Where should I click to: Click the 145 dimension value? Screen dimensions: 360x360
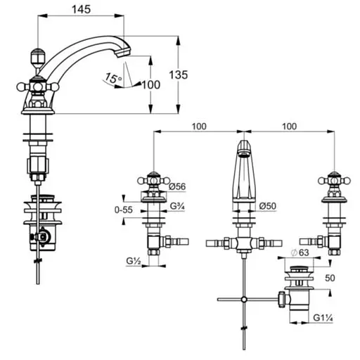pos(81,10)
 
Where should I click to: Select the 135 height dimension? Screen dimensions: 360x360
pos(179,75)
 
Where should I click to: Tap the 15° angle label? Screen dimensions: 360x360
pos(113,78)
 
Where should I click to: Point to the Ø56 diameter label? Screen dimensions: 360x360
pos(177,186)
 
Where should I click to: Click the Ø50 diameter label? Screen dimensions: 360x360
pos(268,206)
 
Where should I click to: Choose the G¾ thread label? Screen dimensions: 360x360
pos(177,206)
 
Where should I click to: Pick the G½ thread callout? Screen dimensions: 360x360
pos(134,261)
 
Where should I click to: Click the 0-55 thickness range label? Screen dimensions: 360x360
pos(124,210)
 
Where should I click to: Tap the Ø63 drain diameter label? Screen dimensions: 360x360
pos(300,252)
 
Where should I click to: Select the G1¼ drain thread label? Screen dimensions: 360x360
pos(323,318)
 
